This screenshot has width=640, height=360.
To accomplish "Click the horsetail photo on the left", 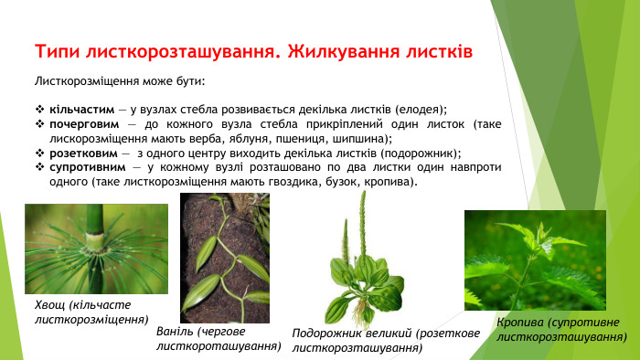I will pos(96,248).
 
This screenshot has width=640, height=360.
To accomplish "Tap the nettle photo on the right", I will pos(535,259).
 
